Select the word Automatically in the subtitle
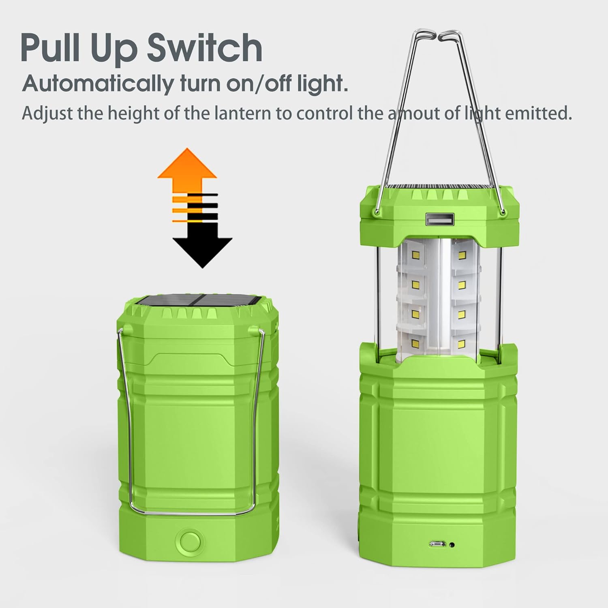[98, 84]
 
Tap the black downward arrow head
[202, 251]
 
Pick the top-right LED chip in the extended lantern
[461, 255]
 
